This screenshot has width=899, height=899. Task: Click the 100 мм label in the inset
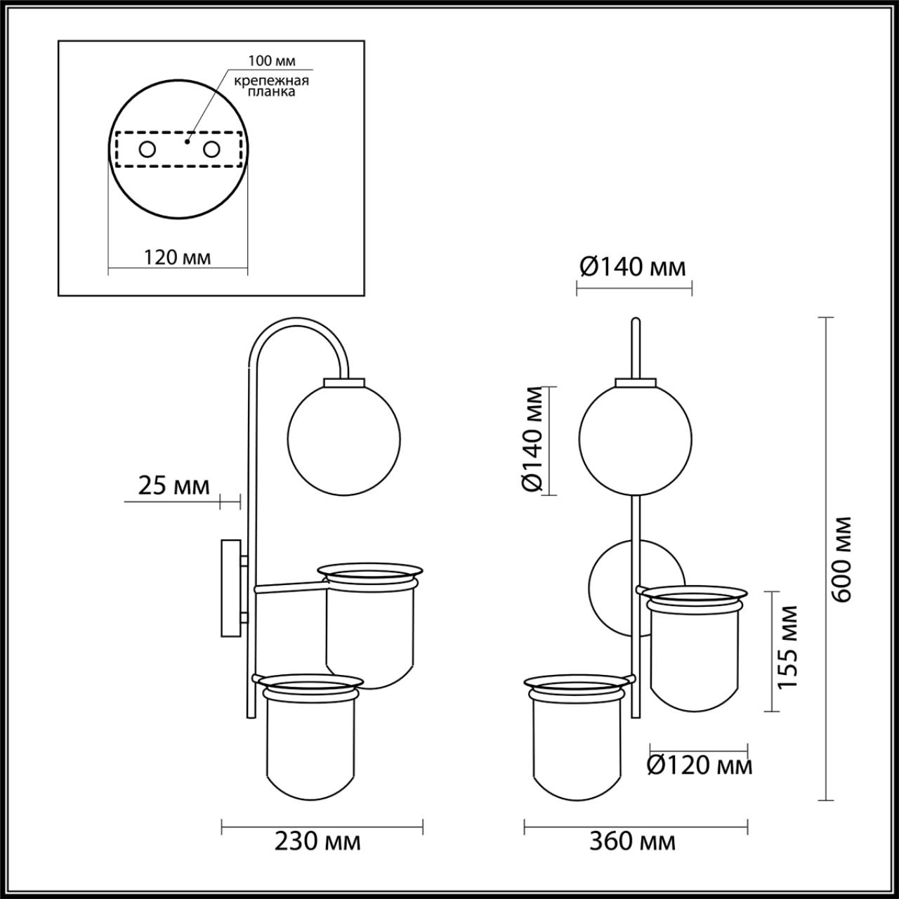[x=272, y=60]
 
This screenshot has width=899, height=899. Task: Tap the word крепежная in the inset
[x=272, y=81]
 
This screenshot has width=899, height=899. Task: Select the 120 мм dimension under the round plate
[x=177, y=258]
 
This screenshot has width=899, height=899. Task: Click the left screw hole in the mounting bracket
[x=147, y=150]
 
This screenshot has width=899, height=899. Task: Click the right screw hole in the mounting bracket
[x=211, y=150]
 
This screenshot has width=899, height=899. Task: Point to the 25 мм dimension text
[x=174, y=486]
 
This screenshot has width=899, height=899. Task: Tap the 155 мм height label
[x=788, y=647]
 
